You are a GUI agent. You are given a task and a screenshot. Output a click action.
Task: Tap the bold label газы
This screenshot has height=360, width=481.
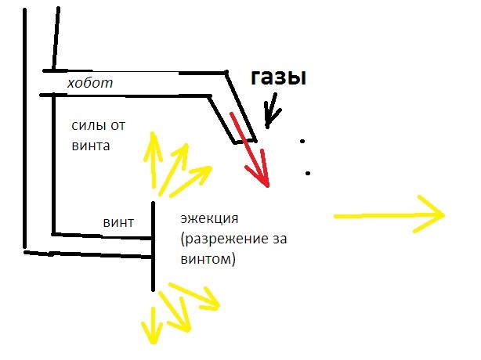277,77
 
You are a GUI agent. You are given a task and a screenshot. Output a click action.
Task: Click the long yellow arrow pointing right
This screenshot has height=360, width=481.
389,214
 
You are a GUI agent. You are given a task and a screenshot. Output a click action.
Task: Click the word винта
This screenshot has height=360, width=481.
91,145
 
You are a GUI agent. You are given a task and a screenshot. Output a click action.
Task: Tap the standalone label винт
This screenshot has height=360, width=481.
119,221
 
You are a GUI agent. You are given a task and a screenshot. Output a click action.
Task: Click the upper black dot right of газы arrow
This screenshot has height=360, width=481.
302,142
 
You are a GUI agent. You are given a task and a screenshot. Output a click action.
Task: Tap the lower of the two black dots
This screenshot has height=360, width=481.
308,173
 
